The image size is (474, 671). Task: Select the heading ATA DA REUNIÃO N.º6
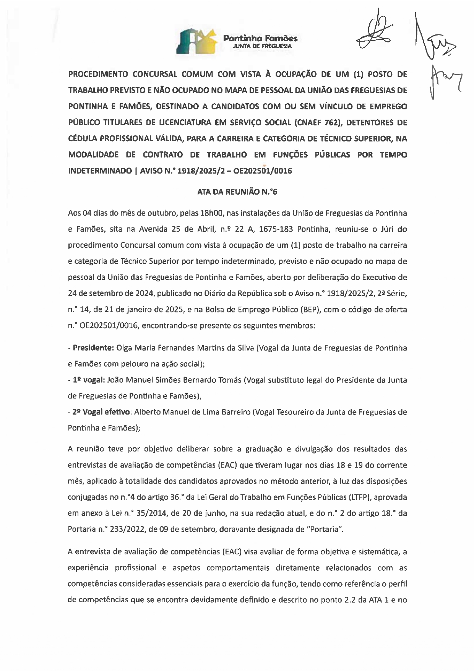coord(237,192)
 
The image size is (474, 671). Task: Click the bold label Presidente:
coord(93,348)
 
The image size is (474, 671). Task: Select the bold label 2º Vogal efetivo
coord(101,412)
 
